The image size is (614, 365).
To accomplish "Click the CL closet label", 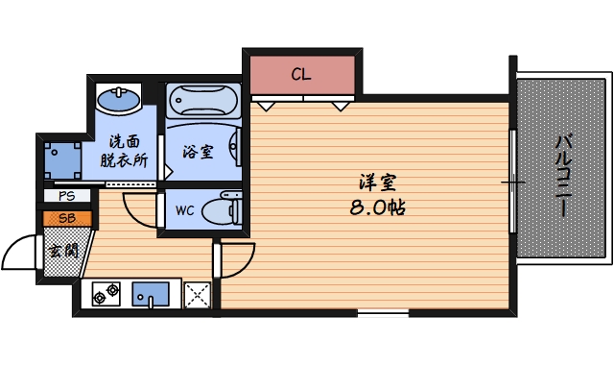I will (301, 73).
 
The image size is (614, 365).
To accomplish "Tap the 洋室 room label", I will (375, 182).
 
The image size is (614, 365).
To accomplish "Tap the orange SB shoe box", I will (68, 217).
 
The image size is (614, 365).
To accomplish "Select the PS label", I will (67, 196).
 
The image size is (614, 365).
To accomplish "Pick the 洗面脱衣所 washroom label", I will (124, 152).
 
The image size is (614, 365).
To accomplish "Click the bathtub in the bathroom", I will (202, 100).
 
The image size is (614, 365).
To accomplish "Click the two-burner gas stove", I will (106, 293).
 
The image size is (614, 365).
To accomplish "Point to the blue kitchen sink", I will (152, 293).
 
